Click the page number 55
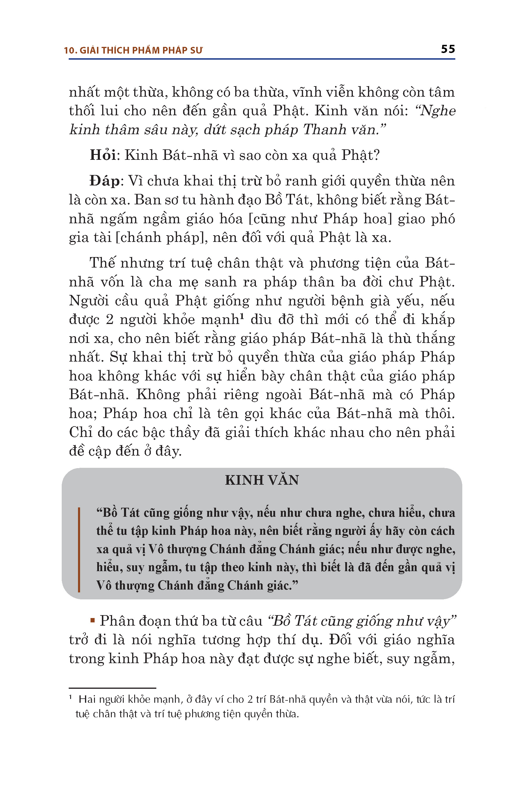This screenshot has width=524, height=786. pos(448,49)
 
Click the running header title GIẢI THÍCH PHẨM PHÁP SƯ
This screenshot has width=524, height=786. pos(141,50)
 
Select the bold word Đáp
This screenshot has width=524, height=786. pos(104,181)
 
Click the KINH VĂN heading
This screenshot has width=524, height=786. pos(262,480)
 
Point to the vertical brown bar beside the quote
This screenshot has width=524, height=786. pos(79,550)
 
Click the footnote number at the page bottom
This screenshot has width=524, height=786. pos(70,698)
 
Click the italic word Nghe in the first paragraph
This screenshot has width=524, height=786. pos(438,111)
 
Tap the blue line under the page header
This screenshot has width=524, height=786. pos(262,59)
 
